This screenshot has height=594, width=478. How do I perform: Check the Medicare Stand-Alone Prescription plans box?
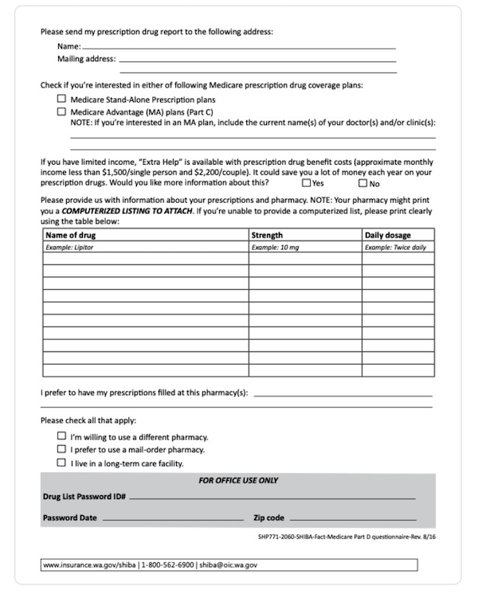click(61, 100)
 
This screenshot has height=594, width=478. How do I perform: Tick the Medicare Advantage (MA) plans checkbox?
click(61, 112)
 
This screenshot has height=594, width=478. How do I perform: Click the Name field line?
click(239, 48)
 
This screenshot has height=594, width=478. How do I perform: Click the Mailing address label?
click(86, 59)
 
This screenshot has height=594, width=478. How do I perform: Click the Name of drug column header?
click(71, 236)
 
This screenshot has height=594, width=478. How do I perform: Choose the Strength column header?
click(267, 236)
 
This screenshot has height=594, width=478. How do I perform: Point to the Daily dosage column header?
click(388, 236)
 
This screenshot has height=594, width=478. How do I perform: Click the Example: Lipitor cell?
click(69, 248)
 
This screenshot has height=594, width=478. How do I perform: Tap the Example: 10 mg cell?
click(275, 248)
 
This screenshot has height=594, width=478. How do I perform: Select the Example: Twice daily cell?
click(395, 248)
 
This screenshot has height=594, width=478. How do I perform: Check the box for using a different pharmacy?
click(61, 437)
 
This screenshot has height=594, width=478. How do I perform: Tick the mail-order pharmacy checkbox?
click(61, 450)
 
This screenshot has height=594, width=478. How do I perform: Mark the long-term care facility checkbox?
click(61, 463)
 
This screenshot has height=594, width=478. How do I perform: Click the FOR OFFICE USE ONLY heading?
click(238, 481)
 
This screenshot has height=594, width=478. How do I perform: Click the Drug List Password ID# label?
click(84, 497)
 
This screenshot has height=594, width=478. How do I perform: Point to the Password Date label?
click(69, 518)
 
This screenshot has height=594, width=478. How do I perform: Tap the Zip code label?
click(268, 518)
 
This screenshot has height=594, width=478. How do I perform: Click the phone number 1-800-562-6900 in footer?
click(169, 565)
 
